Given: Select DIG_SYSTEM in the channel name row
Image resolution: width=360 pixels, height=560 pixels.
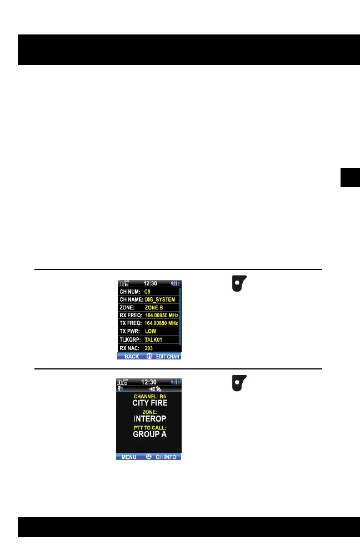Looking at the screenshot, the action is pos(159,299).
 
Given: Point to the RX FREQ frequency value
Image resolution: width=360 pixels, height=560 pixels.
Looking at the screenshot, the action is pos(162,315).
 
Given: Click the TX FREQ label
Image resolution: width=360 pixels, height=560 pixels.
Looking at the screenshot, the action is pos(131,323).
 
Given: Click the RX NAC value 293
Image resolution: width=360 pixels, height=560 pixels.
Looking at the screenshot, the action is pos(149,348).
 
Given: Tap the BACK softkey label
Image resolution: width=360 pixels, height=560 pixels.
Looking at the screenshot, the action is pos(132,356).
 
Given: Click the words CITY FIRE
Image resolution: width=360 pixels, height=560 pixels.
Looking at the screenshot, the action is pos(149,403).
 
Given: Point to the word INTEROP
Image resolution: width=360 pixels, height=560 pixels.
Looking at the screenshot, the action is pos(149,418).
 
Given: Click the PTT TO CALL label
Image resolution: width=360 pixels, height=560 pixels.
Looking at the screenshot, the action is pos(149,428).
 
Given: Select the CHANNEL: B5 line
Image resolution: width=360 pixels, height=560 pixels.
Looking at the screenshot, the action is pos(149,396).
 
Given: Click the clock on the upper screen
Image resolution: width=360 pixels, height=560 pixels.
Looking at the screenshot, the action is pos(148,283).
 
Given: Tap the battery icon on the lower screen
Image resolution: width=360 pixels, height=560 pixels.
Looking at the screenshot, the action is pos(176,382).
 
